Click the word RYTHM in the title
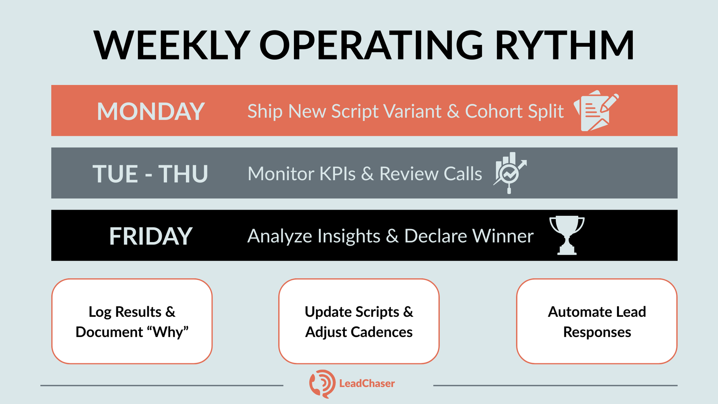565,45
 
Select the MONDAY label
151,111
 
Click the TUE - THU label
150,174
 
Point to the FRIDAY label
151,236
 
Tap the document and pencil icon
596,111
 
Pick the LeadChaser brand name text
367,383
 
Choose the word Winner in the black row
503,236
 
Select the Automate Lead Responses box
597,321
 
